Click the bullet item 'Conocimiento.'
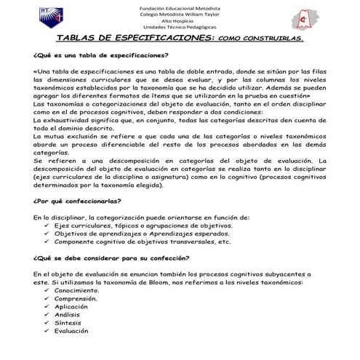click(x=77, y=290)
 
